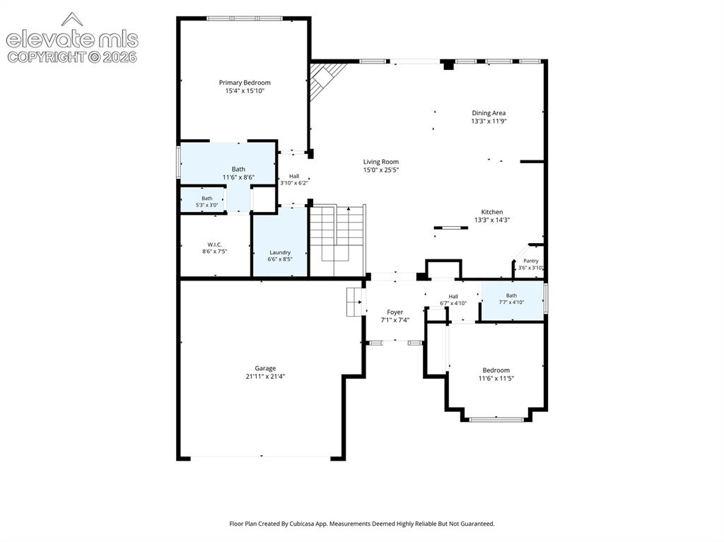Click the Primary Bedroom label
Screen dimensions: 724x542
(245, 83)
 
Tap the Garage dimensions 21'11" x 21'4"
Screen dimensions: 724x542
(265, 376)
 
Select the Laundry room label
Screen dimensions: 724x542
(280, 252)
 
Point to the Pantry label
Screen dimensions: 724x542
(531, 261)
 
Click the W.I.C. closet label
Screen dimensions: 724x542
(215, 245)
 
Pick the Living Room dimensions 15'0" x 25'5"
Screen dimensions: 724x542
(381, 170)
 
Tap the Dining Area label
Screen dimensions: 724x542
(489, 113)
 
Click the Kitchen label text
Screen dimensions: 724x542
(492, 212)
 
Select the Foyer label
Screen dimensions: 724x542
(395, 312)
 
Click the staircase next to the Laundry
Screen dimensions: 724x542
(337, 240)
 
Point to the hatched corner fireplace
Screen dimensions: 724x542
(327, 81)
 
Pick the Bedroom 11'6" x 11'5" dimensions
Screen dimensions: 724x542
(496, 379)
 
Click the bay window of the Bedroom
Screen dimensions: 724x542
(496, 420)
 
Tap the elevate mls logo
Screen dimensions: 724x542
(72, 37)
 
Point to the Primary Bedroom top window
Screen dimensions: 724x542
(244, 18)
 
